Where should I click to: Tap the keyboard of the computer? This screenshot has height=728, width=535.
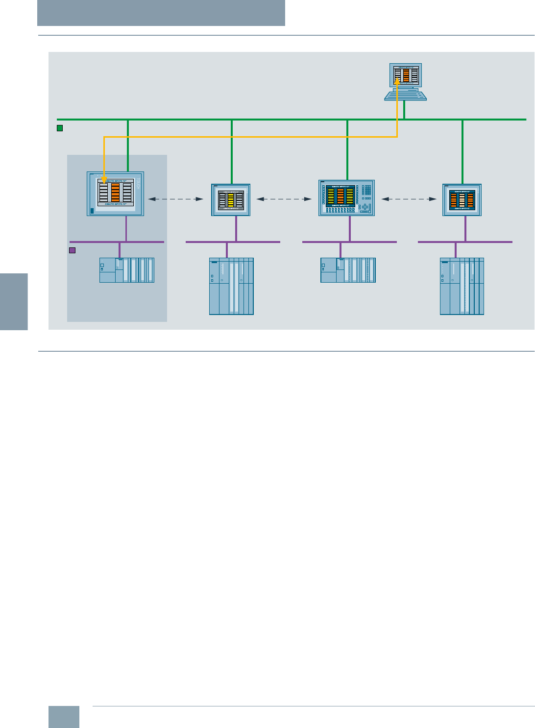tap(405, 95)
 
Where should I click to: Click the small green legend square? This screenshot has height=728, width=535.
tap(60, 128)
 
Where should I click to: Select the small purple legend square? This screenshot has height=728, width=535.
tap(72, 250)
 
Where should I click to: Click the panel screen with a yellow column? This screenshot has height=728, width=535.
tap(231, 200)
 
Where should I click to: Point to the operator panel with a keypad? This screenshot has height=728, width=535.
tap(347, 198)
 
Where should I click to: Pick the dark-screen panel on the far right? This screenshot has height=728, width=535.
tap(462, 200)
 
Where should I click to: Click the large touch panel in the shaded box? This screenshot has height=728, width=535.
tap(116, 194)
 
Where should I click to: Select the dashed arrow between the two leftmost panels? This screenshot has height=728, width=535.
tap(176, 199)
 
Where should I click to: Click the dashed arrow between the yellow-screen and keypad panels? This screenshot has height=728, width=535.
tap(284, 199)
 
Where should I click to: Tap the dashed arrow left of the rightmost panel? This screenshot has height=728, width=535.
tap(409, 199)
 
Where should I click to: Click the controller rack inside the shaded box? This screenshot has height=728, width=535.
tap(127, 270)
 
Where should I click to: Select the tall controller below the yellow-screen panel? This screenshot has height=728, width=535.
tap(231, 286)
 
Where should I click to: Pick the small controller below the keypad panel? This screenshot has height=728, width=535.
tap(348, 270)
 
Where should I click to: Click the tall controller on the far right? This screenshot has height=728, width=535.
tap(462, 286)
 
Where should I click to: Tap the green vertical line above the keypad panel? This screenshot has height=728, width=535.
tap(347, 149)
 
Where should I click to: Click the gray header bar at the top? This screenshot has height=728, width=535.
tap(161, 13)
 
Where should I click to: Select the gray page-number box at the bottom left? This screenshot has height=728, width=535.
tap(64, 717)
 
